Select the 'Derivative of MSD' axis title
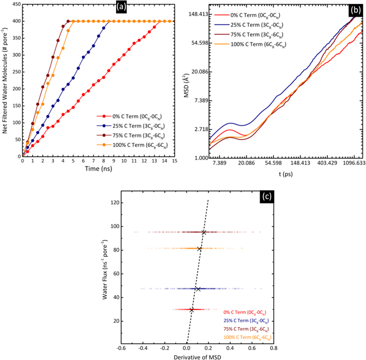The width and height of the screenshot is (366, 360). click(197, 357)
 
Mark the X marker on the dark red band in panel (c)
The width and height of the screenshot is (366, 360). click(204, 233)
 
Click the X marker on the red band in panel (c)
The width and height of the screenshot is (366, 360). click(192, 310)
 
